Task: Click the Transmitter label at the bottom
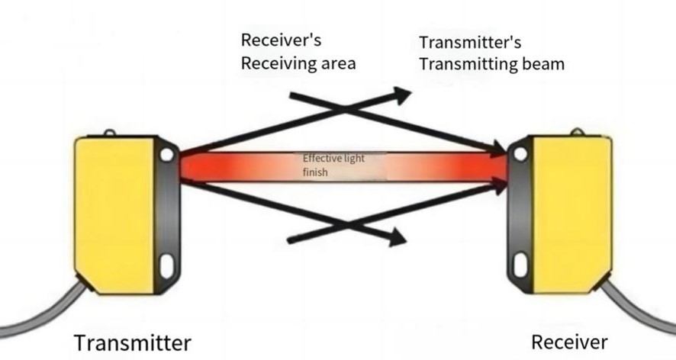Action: pos(131,342)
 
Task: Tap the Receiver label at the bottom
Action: pos(569,342)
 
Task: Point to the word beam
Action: pos(540,64)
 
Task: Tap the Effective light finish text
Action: pos(334,166)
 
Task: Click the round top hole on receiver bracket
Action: pos(520,154)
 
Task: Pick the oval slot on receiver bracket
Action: pos(520,265)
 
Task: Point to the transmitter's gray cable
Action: pos(46,313)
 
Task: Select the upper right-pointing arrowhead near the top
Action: pos(401,94)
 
